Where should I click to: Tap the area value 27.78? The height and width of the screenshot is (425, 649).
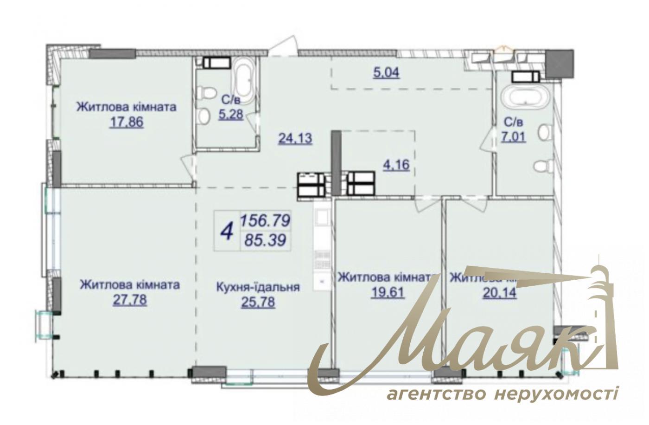[x=130, y=300]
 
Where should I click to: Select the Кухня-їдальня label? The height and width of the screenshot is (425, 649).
[x=258, y=287]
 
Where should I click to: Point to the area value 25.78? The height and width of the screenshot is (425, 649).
[x=258, y=302]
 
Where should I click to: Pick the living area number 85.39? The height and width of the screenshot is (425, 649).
[x=264, y=240]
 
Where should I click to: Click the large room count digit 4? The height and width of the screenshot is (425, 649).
[x=227, y=231]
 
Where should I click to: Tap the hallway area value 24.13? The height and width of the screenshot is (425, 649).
[x=295, y=138]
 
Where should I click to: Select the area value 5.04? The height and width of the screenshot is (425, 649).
[x=386, y=72]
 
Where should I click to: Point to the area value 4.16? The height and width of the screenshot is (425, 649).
[x=396, y=165]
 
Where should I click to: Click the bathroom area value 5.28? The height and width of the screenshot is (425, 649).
[x=231, y=114]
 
